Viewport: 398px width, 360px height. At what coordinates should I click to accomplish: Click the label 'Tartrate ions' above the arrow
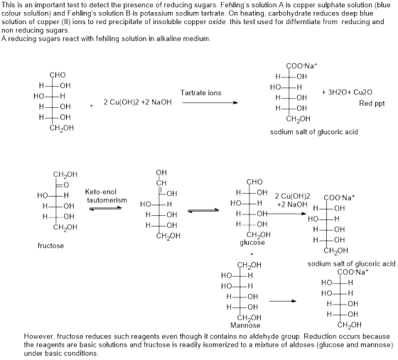200,93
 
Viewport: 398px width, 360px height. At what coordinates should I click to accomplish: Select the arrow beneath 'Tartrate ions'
210,103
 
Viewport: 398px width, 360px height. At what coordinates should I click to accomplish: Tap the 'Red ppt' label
372,104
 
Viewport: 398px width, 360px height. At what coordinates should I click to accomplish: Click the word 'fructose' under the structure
50,246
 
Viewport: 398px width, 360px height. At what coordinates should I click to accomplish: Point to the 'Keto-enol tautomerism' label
106,196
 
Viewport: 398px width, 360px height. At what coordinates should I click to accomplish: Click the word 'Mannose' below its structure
245,325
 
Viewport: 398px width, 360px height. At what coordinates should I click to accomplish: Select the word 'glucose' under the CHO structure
252,243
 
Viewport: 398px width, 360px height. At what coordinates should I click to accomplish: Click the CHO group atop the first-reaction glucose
58,75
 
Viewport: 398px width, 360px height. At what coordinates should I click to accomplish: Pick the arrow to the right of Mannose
283,301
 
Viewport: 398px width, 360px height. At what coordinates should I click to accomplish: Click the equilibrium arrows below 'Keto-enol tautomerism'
106,208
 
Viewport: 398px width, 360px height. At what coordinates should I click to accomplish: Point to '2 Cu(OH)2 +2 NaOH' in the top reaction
138,102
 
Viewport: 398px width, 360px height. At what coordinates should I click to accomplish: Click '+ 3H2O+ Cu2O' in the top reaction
347,92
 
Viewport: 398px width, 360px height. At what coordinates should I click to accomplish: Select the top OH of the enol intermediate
161,173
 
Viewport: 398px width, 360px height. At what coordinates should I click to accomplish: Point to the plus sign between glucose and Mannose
252,254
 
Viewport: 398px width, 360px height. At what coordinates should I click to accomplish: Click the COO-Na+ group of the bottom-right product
353,272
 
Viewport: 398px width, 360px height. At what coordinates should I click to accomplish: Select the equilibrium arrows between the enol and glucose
203,210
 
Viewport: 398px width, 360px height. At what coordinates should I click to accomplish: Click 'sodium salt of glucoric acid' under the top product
314,132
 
